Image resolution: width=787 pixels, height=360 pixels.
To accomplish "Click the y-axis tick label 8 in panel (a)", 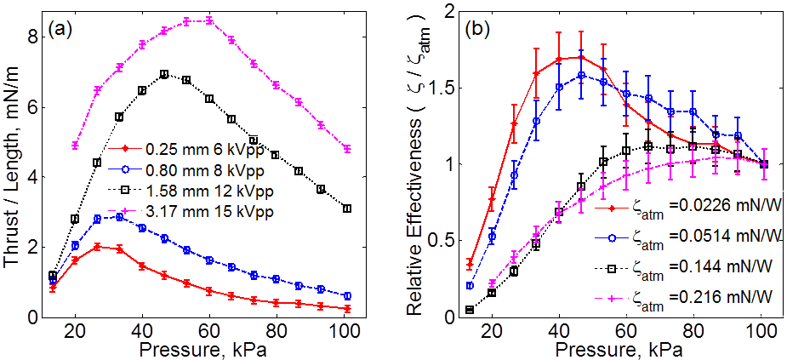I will pyautogui.click(x=31, y=37).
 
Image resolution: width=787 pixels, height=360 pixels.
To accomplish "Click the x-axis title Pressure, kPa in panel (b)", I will pyautogui.click(x=608, y=351).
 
